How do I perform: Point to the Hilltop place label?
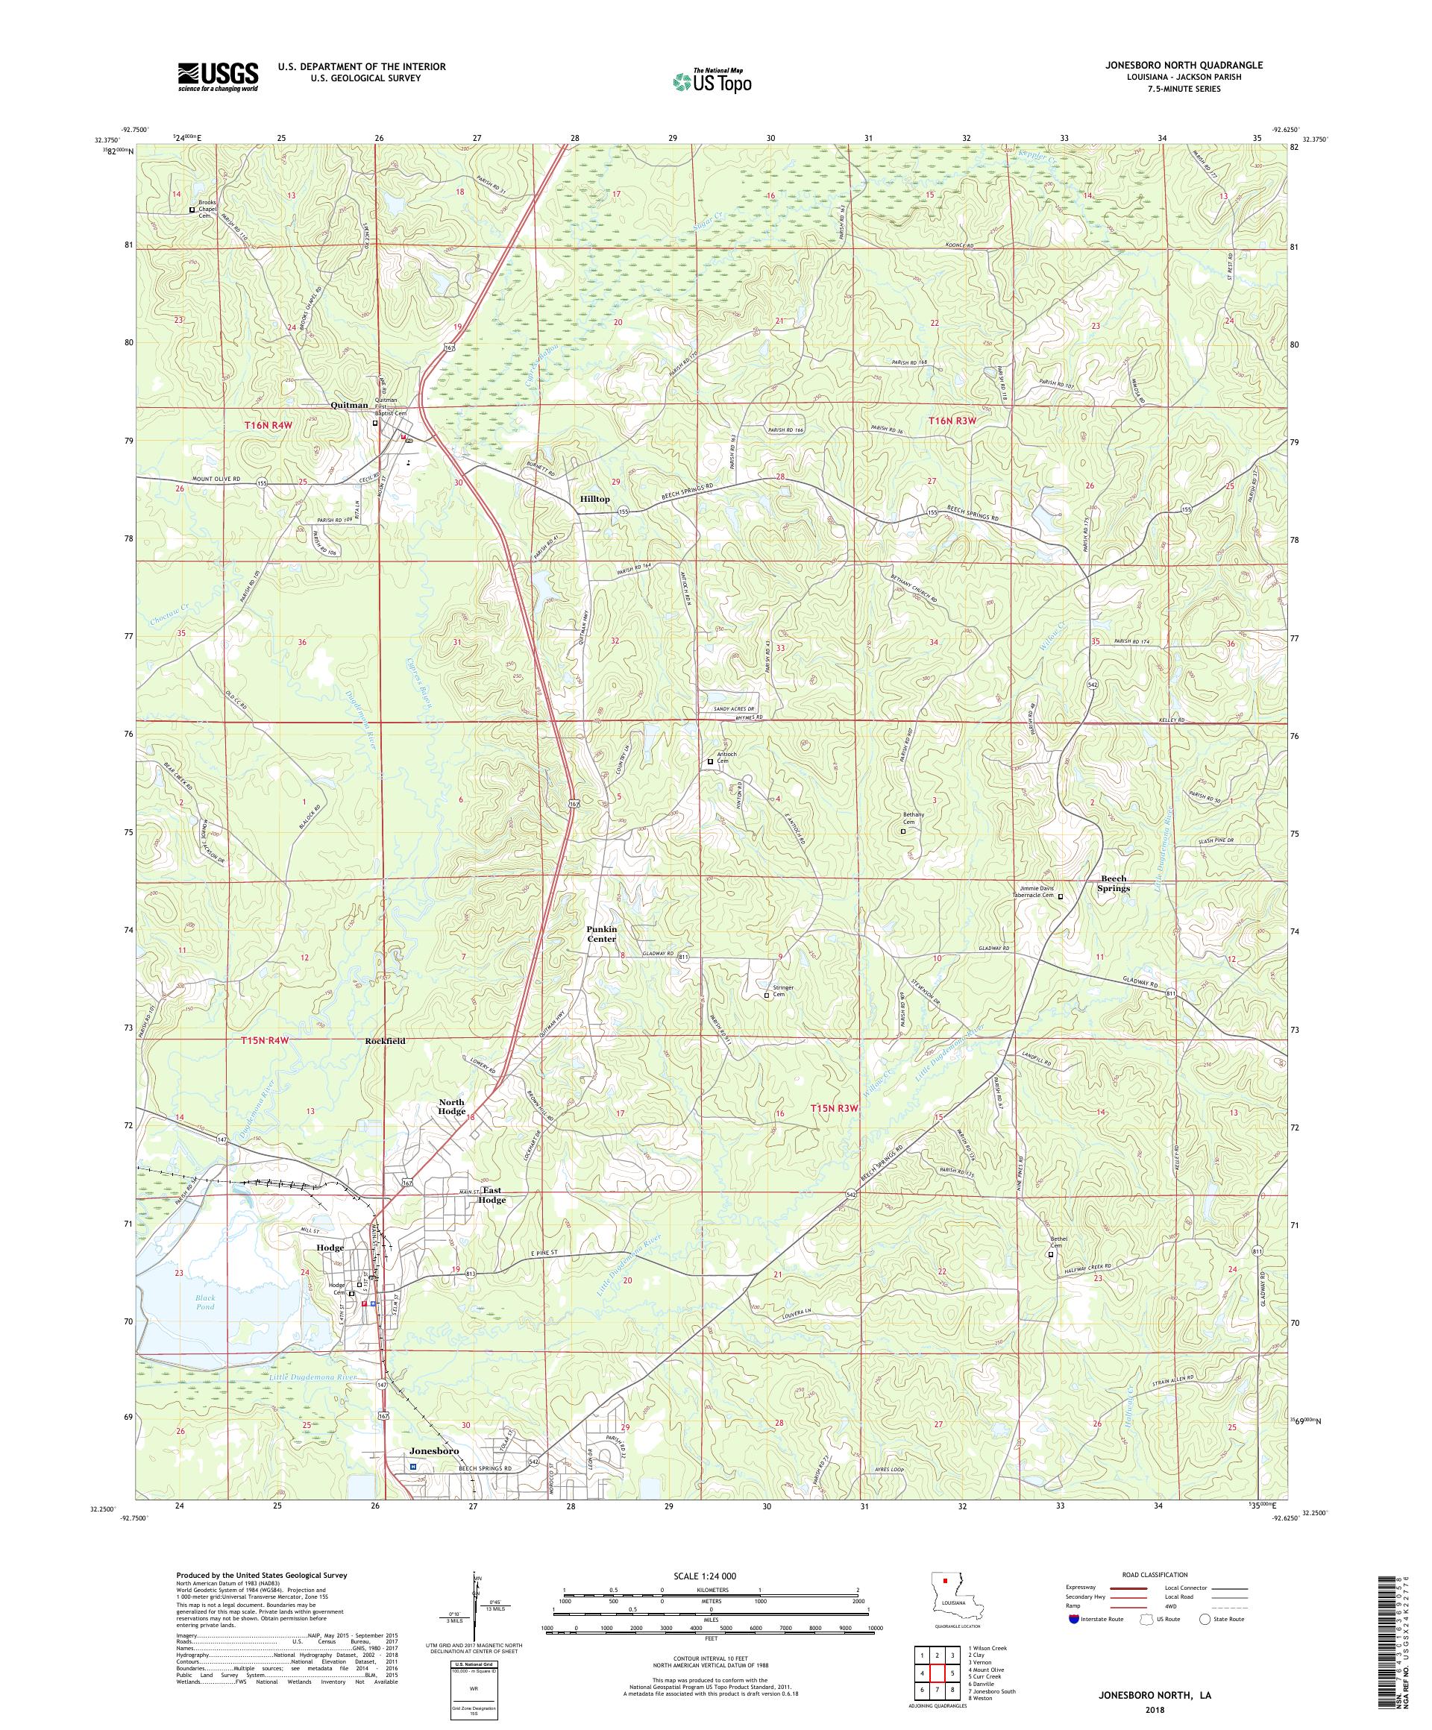pos(594,499)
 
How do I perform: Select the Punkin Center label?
pos(601,934)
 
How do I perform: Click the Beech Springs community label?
pos(1111,883)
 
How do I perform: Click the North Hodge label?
pos(451,1107)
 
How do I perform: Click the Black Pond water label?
pos(205,1326)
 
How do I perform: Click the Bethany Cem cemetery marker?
pos(902,832)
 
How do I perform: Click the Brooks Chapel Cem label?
pos(210,210)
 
